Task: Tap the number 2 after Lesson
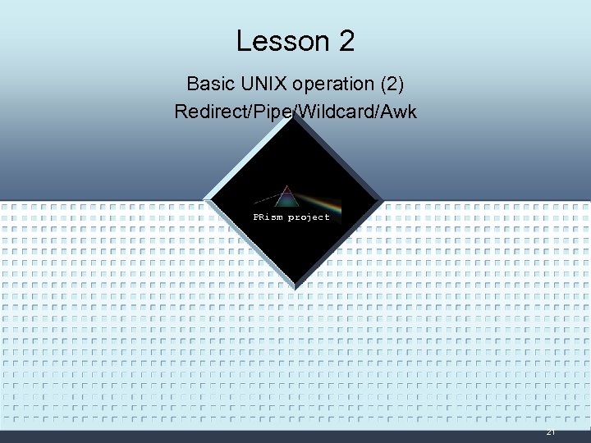(x=346, y=41)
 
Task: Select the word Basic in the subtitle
(x=208, y=84)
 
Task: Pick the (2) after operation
(x=389, y=84)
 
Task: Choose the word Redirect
(x=208, y=111)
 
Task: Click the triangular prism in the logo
(x=286, y=197)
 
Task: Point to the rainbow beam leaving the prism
(x=320, y=202)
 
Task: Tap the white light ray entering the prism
(x=266, y=199)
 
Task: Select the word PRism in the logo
(x=268, y=217)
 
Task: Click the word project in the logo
(x=309, y=217)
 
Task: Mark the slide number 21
(x=551, y=432)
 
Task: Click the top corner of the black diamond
(x=293, y=114)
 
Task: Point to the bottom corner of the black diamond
(x=293, y=288)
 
